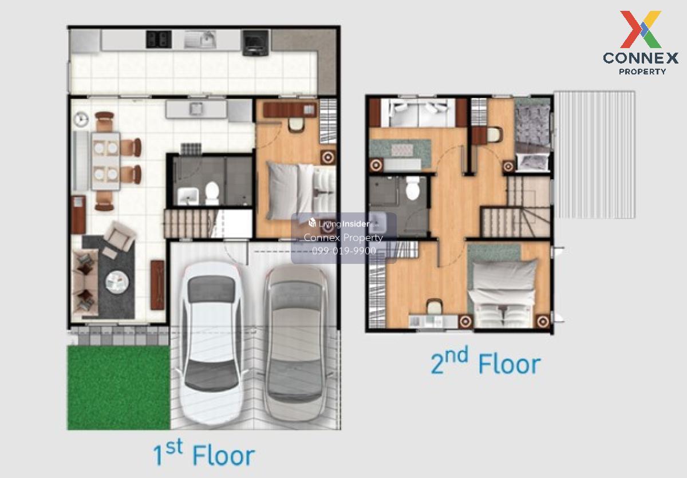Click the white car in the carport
211,343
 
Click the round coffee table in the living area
117,282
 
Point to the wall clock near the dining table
81,119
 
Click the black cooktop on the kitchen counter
159,39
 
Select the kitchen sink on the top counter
200,40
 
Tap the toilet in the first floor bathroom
212,193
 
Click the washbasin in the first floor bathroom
188,196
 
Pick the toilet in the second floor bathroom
413,188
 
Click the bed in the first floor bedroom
301,192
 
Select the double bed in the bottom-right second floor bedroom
503,293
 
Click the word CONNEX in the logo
641,58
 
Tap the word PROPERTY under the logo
642,72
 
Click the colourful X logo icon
641,29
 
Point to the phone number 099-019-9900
344,251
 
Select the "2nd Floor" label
485,361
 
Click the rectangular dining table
106,161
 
